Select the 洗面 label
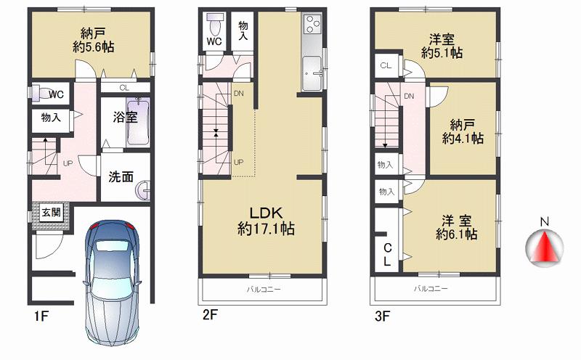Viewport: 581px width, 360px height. (x=121, y=176)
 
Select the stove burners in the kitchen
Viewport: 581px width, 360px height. (x=312, y=26)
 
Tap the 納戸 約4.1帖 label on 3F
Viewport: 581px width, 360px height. (x=463, y=132)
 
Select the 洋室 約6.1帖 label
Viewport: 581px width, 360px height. (x=456, y=226)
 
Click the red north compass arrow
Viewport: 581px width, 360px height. (x=543, y=247)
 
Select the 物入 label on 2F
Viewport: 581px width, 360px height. (x=244, y=30)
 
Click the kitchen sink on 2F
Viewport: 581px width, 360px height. (x=314, y=73)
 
